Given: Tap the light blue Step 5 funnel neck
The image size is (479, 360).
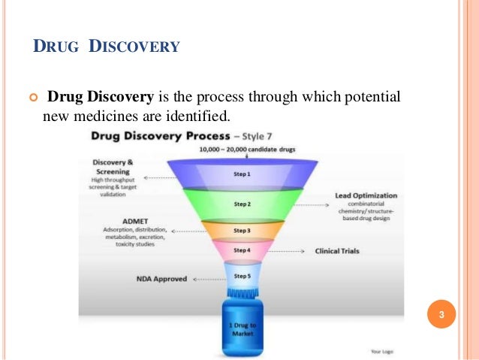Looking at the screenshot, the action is coord(242,277).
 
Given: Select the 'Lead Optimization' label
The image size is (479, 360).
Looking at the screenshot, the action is coord(366,196).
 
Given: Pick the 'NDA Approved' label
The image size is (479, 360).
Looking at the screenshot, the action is coord(161,279).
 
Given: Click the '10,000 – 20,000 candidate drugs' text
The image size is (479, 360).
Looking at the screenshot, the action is coord(247,150).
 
